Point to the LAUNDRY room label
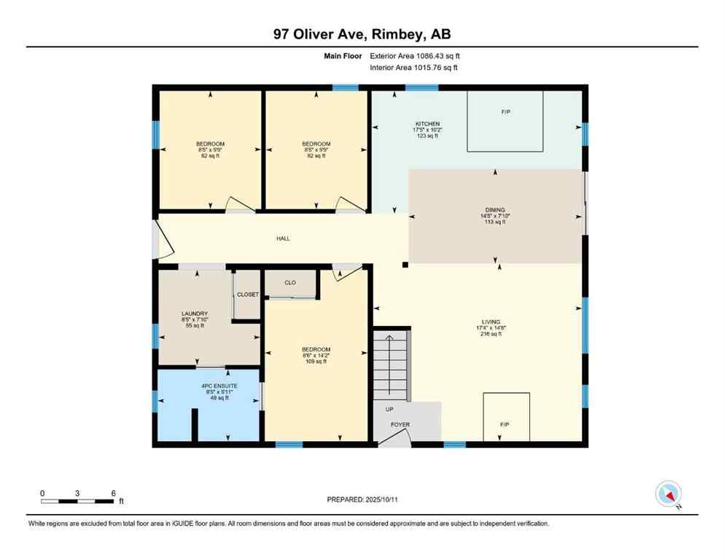coord(195,314)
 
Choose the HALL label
coord(283,238)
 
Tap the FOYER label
coord(400,424)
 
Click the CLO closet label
coord(289,282)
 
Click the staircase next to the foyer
coord(392,365)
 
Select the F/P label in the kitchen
coord(505,112)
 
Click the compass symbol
coord(668,494)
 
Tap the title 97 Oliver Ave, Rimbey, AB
coord(362,34)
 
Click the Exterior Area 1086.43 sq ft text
coord(415,55)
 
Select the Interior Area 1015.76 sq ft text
coord(414,68)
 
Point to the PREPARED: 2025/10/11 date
coord(362,499)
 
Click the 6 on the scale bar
coord(113,493)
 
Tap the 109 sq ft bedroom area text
coord(316,362)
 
